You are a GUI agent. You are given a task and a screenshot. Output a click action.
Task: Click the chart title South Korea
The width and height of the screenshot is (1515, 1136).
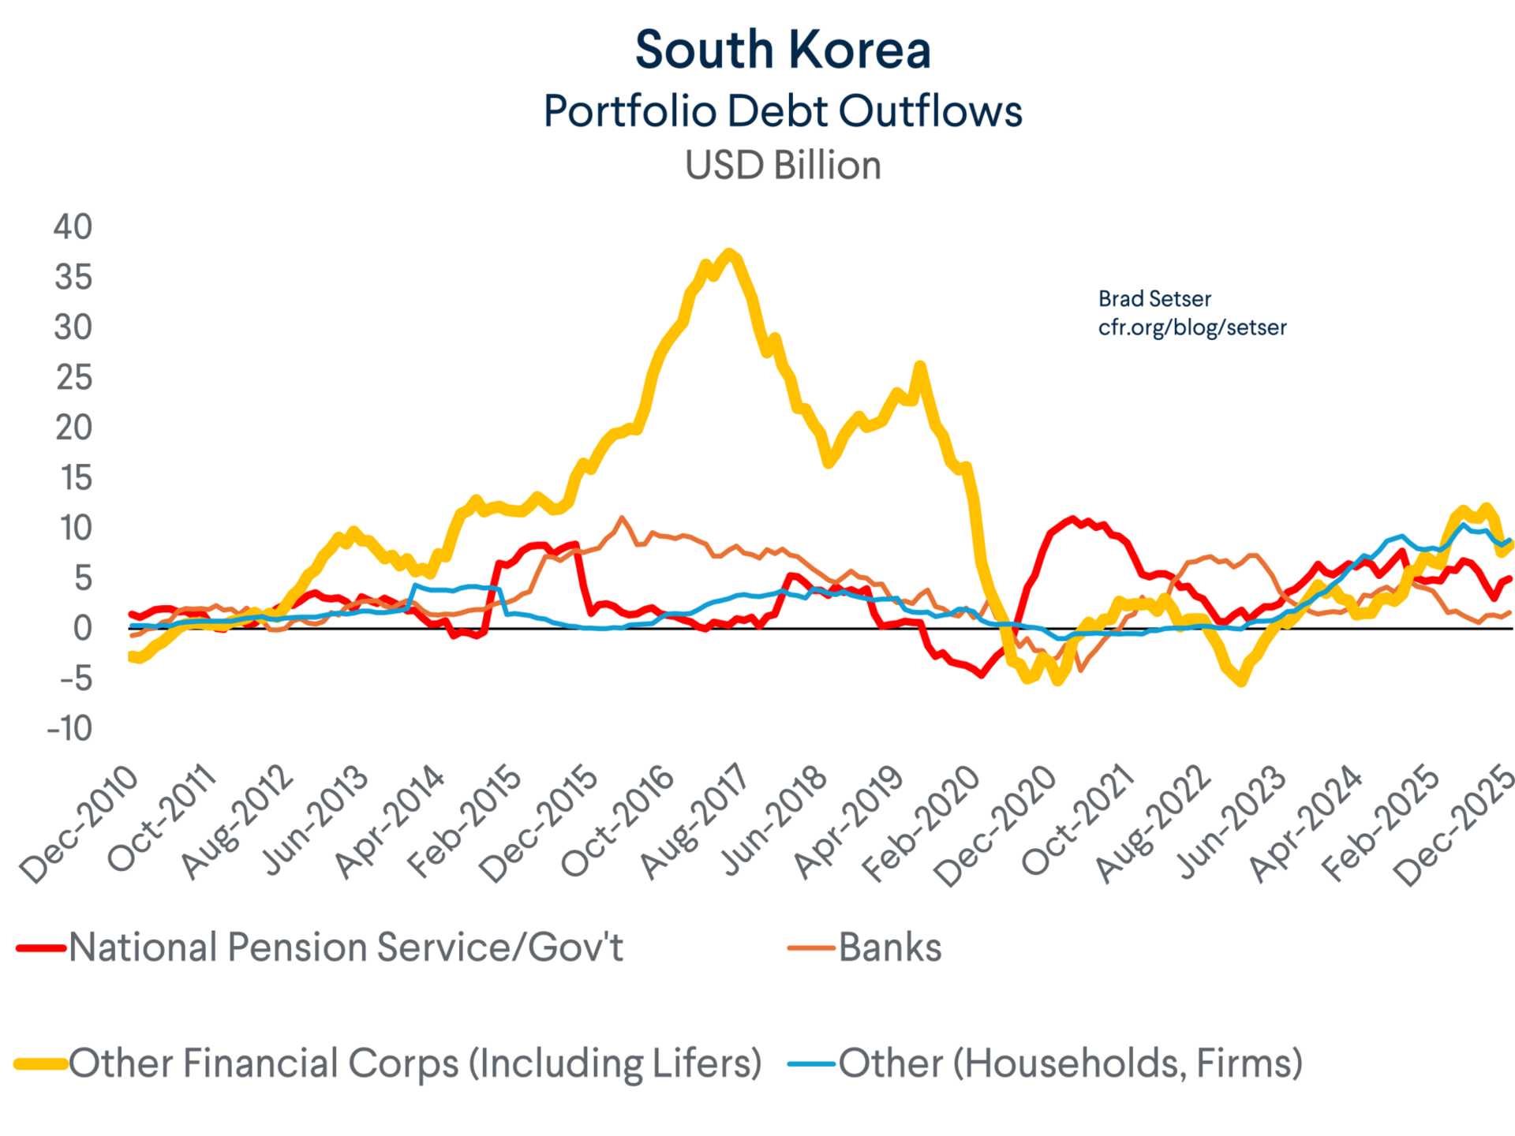pos(783,50)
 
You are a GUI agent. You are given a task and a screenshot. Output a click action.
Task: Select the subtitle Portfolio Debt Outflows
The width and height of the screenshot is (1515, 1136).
pos(783,110)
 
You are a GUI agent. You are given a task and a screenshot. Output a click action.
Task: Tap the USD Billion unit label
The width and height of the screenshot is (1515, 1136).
pos(783,166)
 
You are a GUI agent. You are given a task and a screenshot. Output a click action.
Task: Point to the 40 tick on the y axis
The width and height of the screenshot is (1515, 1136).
pos(73,227)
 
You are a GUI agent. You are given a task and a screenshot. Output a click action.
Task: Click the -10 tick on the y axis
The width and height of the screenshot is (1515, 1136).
pos(69,728)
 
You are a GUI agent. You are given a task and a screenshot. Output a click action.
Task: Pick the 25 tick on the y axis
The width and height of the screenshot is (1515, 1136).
pos(73,378)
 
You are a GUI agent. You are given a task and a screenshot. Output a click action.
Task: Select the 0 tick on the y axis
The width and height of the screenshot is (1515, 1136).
pos(83,629)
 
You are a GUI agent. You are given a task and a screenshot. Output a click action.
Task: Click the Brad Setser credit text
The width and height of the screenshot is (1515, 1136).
pos(1154,299)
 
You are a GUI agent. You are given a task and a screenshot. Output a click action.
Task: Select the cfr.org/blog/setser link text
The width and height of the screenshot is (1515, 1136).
pos(1191,327)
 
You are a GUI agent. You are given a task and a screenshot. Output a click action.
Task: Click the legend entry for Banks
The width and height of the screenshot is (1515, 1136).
pos(889,947)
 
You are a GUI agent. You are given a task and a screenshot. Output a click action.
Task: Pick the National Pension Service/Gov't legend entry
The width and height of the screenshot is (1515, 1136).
pos(346,947)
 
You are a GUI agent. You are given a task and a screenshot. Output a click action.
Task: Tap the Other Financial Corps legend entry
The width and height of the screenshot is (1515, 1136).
pos(414,1063)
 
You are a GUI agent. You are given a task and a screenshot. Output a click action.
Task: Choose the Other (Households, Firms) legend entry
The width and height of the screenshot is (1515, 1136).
pos(1069,1063)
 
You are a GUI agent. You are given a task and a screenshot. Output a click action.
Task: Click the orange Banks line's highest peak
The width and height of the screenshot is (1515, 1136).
pos(623,518)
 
